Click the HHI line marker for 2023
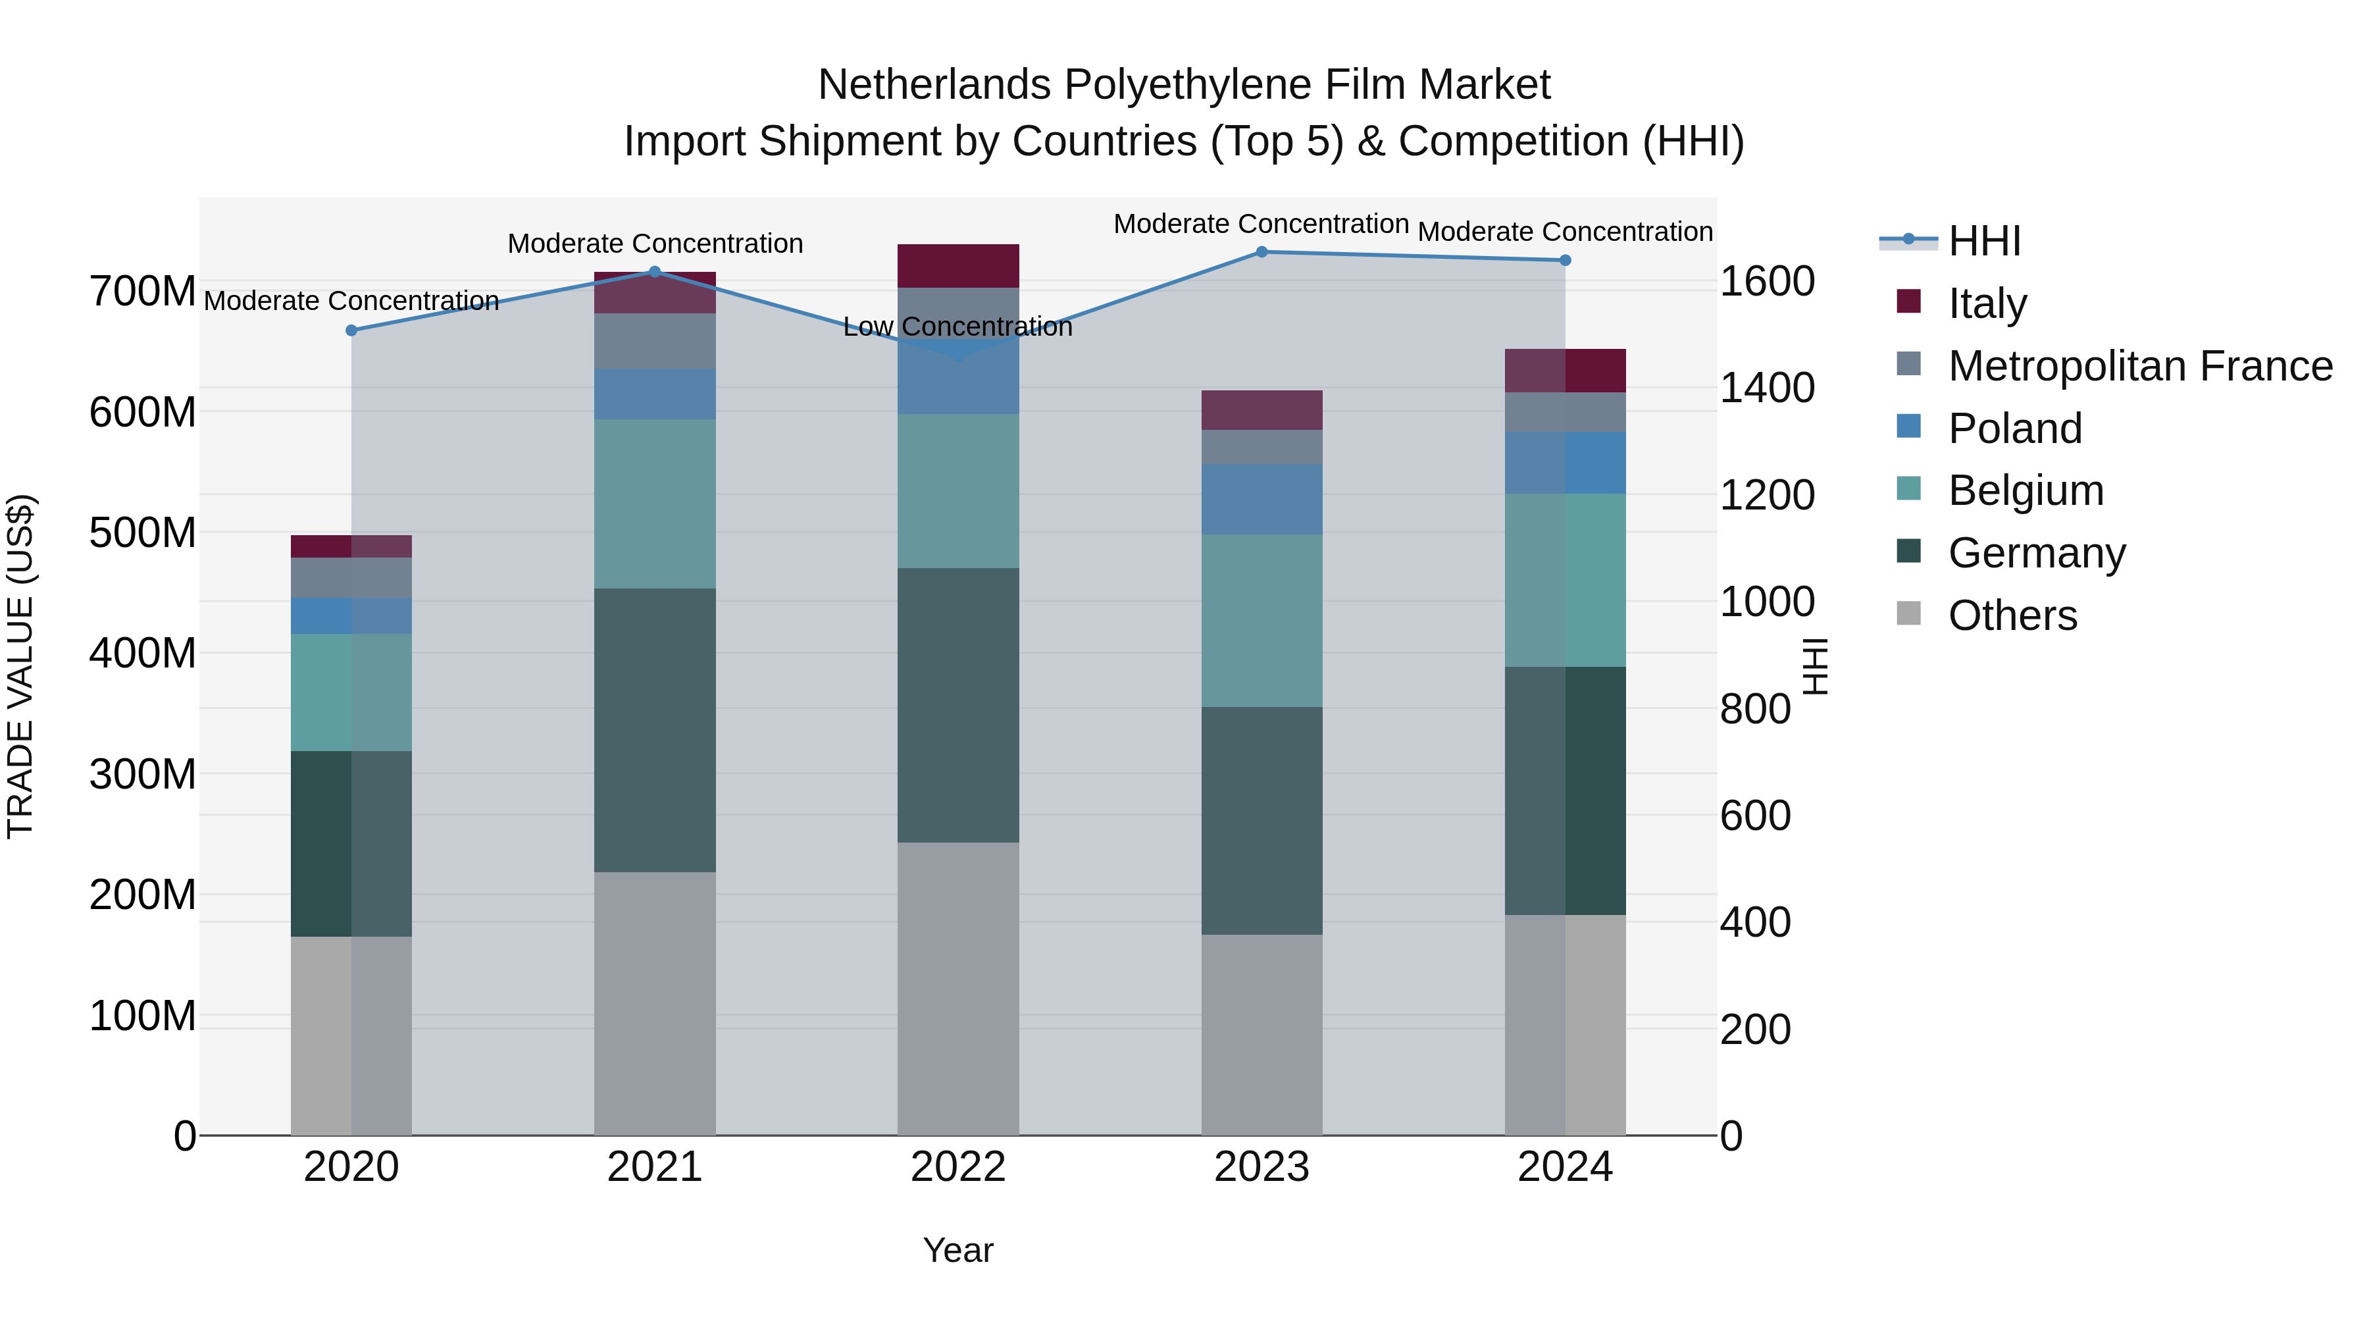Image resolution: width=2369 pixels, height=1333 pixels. pyautogui.click(x=1261, y=252)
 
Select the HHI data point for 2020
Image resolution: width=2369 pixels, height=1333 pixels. pyautogui.click(x=351, y=330)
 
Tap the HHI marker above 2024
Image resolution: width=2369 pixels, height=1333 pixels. pyautogui.click(x=1566, y=260)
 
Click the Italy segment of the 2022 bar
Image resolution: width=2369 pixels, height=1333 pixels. pyautogui.click(x=958, y=266)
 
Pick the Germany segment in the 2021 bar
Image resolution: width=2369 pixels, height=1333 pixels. pyautogui.click(x=655, y=731)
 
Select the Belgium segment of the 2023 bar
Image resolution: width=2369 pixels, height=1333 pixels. pyautogui.click(x=1261, y=621)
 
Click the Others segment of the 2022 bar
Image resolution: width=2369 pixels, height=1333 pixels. pyautogui.click(x=958, y=989)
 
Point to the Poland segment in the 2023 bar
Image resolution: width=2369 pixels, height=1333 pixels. pyautogui.click(x=1261, y=500)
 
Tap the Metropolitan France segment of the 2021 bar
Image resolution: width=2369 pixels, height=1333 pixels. pyautogui.click(x=655, y=341)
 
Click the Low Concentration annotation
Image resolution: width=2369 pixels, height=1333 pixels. pyautogui.click(x=957, y=327)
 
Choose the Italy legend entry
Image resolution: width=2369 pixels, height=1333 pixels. pyautogui.click(x=1987, y=303)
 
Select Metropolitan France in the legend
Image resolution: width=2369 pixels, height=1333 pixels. pyautogui.click(x=2139, y=366)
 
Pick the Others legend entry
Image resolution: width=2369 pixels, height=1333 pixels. pyautogui.click(x=2012, y=615)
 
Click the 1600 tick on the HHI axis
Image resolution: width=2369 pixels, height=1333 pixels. pyautogui.click(x=1767, y=282)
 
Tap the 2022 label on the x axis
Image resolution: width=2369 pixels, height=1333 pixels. pyautogui.click(x=958, y=1167)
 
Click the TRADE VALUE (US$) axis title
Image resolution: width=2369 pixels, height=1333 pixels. pyautogui.click(x=21, y=666)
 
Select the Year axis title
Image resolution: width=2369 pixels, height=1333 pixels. pyautogui.click(x=958, y=1250)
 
